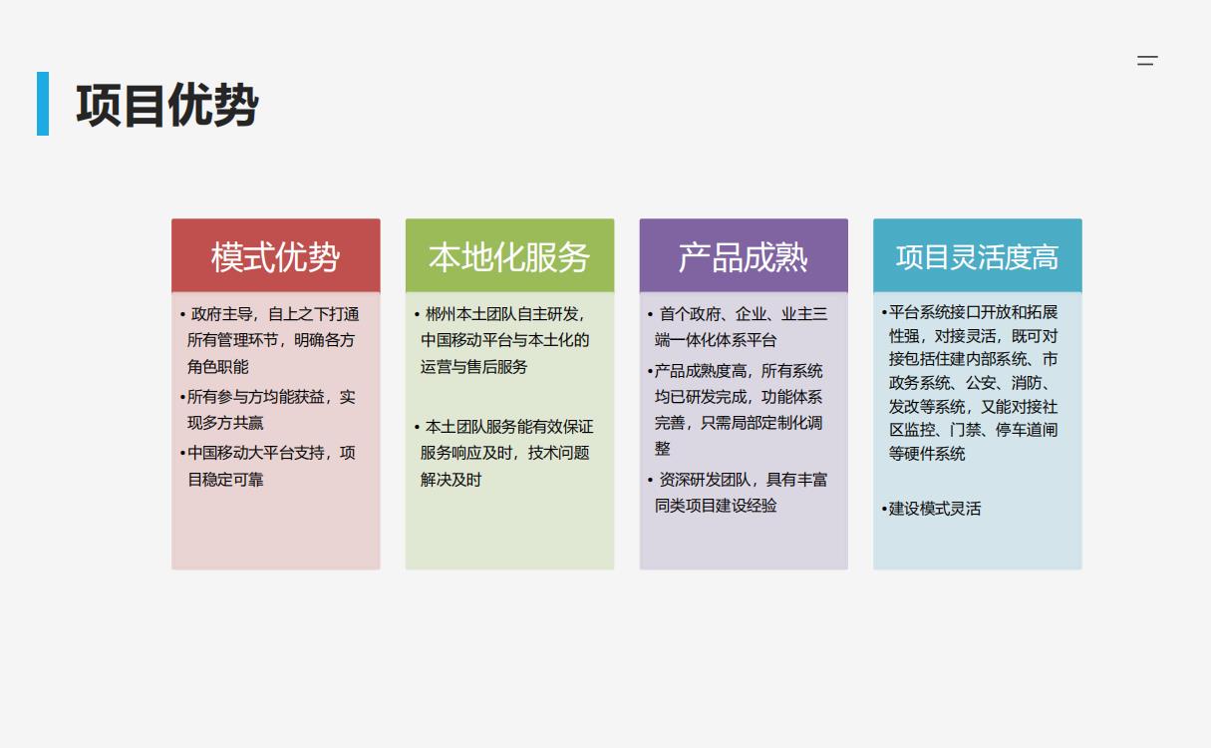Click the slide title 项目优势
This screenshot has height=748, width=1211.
pyautogui.click(x=167, y=105)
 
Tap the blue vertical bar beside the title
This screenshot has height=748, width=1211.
pyautogui.click(x=43, y=104)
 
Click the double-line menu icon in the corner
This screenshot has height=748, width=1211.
pyautogui.click(x=1147, y=60)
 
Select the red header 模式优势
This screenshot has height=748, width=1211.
pyautogui.click(x=276, y=256)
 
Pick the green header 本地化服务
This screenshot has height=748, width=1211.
pyautogui.click(x=509, y=256)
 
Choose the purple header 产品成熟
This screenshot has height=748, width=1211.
pyautogui.click(x=744, y=256)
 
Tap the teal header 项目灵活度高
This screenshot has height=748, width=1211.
pyautogui.click(x=978, y=256)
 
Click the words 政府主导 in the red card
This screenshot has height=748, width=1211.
pyautogui.click(x=221, y=314)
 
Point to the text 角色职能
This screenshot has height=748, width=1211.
pyautogui.click(x=218, y=367)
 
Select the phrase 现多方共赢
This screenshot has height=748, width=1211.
pyautogui.click(x=225, y=423)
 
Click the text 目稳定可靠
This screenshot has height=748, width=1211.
pyautogui.click(x=225, y=479)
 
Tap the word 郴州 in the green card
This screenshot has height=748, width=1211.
pyautogui.click(x=441, y=314)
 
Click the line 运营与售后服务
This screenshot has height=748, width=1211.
pyautogui.click(x=474, y=367)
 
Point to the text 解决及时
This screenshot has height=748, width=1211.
pyautogui.click(x=451, y=479)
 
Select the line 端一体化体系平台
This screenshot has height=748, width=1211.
pyautogui.click(x=716, y=340)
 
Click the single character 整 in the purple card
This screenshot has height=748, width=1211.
pyautogui.click(x=662, y=449)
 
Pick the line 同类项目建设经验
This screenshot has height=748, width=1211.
pyautogui.click(x=716, y=506)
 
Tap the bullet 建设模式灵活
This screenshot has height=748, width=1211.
pyautogui.click(x=931, y=509)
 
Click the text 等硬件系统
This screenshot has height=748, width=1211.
pyautogui.click(x=927, y=453)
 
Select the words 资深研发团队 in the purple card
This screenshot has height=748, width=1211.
pyautogui.click(x=705, y=479)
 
